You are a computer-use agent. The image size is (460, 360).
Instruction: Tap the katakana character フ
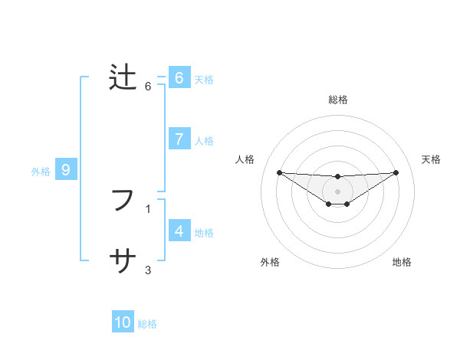(123, 200)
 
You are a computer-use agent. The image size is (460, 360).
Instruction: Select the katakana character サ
(123, 262)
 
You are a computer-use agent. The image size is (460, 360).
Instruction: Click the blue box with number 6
(179, 78)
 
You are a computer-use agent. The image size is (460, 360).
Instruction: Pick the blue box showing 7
(179, 139)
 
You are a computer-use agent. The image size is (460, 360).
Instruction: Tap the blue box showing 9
(66, 170)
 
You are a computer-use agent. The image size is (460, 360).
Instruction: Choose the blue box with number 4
(179, 231)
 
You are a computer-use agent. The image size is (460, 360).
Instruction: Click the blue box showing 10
(123, 322)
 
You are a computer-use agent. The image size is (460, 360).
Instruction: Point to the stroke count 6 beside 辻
(148, 86)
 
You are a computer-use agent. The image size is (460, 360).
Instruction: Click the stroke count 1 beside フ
(148, 208)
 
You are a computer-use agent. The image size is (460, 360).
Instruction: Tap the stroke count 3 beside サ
(148, 270)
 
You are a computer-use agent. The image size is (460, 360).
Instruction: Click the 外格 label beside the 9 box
(41, 172)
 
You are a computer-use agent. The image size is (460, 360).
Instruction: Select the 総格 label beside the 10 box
(147, 324)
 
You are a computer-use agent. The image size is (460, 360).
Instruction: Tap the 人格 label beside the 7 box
(204, 141)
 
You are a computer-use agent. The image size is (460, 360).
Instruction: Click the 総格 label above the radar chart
(338, 100)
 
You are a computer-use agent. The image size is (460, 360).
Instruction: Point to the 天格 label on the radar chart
(432, 159)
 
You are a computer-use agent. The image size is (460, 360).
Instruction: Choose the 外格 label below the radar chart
(270, 262)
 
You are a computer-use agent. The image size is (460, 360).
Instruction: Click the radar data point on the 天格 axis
(396, 172)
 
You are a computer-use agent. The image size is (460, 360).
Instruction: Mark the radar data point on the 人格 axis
(280, 172)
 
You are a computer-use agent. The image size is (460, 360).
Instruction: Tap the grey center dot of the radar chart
(338, 191)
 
